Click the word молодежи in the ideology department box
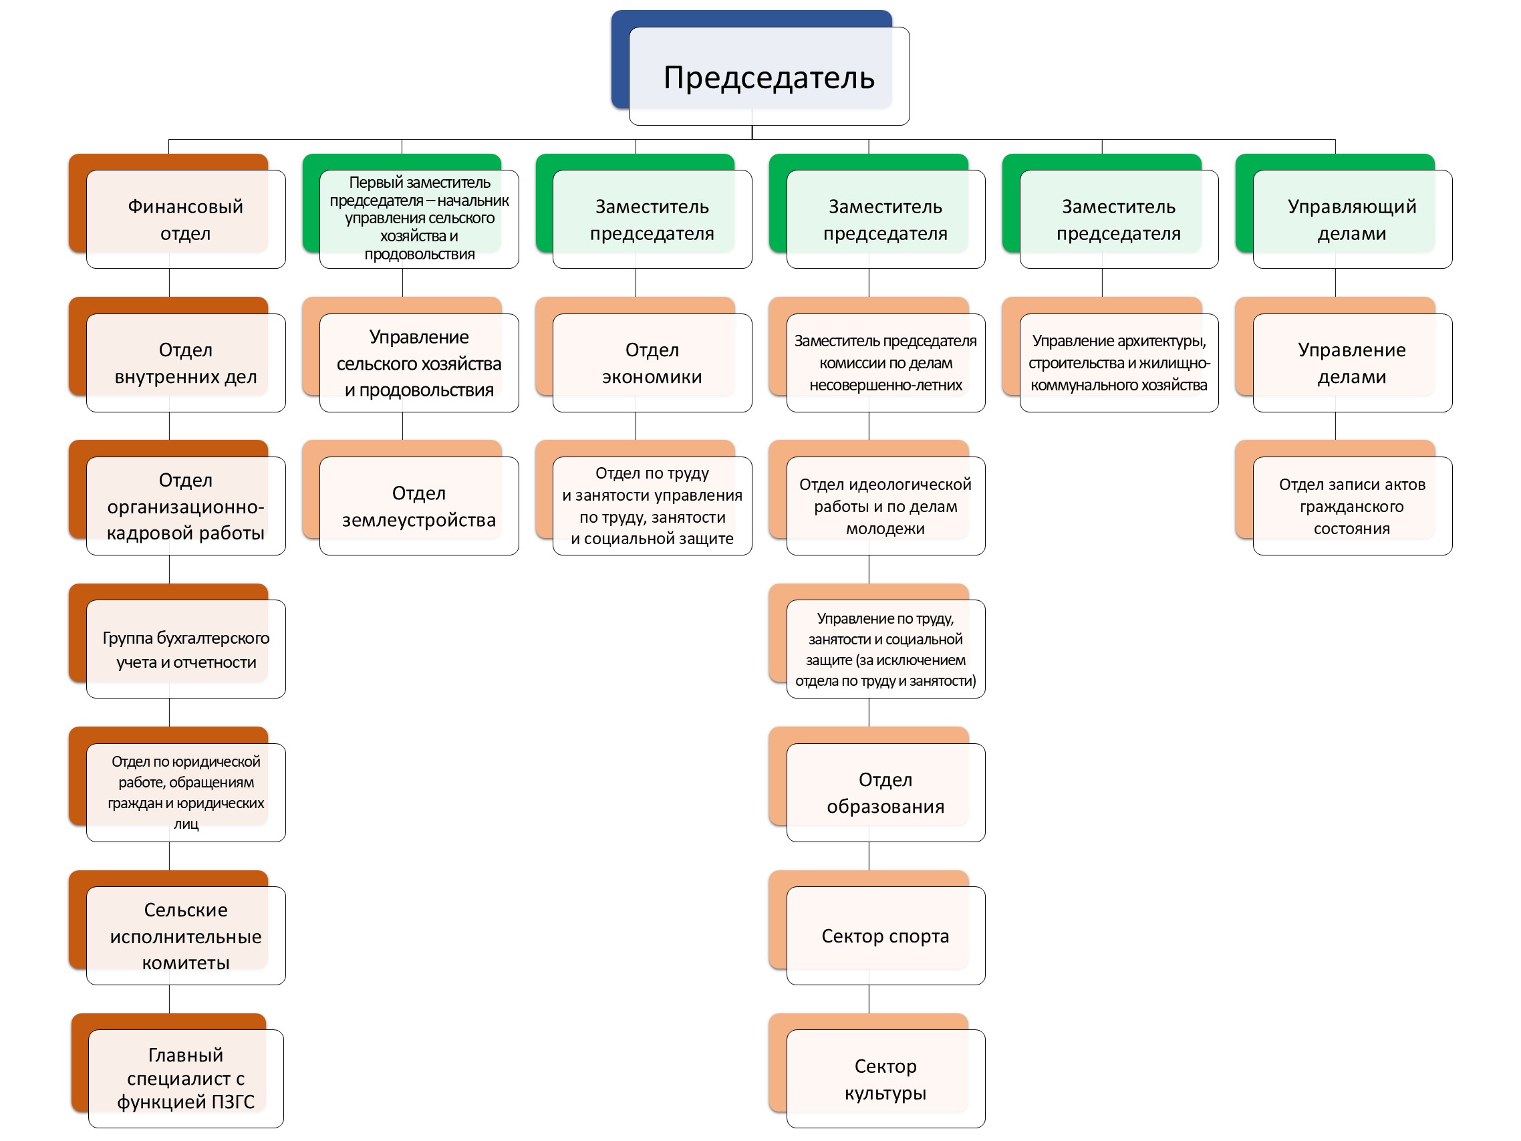click(x=885, y=529)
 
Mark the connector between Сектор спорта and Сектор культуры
click(x=869, y=999)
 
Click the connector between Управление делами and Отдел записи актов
click(x=1335, y=426)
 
